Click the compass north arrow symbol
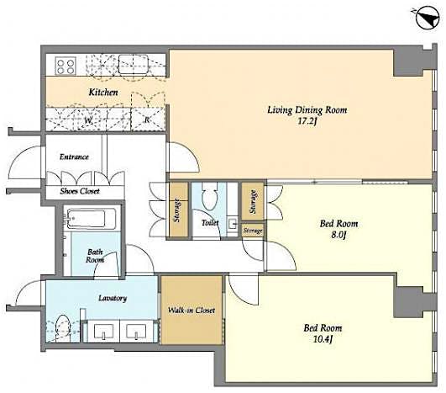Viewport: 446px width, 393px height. (423, 14)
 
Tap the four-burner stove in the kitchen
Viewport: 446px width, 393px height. (66, 65)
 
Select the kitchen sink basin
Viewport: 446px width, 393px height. (134, 62)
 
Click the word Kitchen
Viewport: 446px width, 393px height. (102, 92)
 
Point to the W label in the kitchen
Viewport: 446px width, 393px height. (88, 119)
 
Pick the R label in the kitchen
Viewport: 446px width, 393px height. (147, 119)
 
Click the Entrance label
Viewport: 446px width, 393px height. (75, 157)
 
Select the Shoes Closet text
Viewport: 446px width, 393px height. (80, 190)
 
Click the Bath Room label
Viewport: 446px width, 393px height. (95, 256)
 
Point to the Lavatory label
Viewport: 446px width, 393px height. (112, 298)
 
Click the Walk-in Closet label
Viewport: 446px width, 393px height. (191, 311)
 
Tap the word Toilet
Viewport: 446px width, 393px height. (210, 223)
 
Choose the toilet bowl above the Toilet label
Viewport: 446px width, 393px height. (212, 198)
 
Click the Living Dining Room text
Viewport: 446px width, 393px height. (307, 110)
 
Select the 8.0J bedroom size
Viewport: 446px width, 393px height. (339, 236)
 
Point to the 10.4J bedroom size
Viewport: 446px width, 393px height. (324, 340)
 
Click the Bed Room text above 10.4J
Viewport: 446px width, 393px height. (323, 327)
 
